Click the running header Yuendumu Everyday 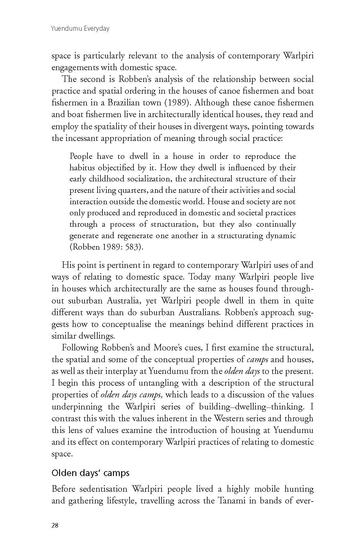(x=80, y=28)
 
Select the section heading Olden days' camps (x=90, y=473)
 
